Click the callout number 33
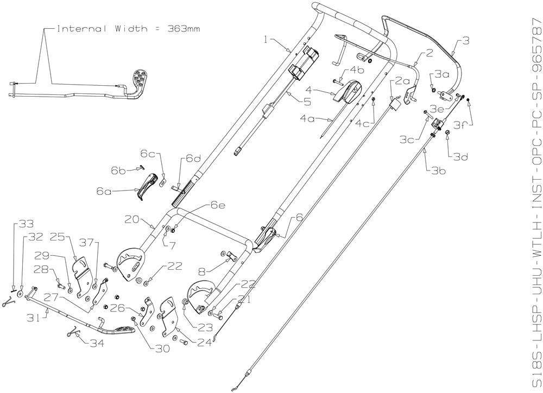(x=26, y=223)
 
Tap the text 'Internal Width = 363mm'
(x=128, y=29)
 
